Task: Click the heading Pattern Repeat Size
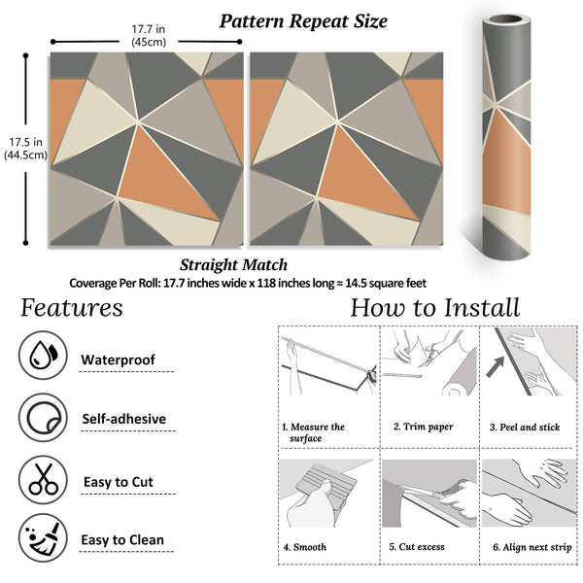(x=302, y=20)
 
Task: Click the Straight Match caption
(x=233, y=264)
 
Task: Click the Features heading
(x=72, y=308)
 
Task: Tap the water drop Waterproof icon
(x=43, y=358)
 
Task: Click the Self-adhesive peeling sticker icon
(x=43, y=419)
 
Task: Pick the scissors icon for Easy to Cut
(x=43, y=479)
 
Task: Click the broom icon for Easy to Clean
(x=43, y=539)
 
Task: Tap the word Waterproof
(x=118, y=360)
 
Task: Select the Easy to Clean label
(x=122, y=540)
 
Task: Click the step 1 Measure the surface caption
(x=313, y=432)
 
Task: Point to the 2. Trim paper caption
(x=426, y=427)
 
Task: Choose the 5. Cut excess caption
(x=425, y=547)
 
